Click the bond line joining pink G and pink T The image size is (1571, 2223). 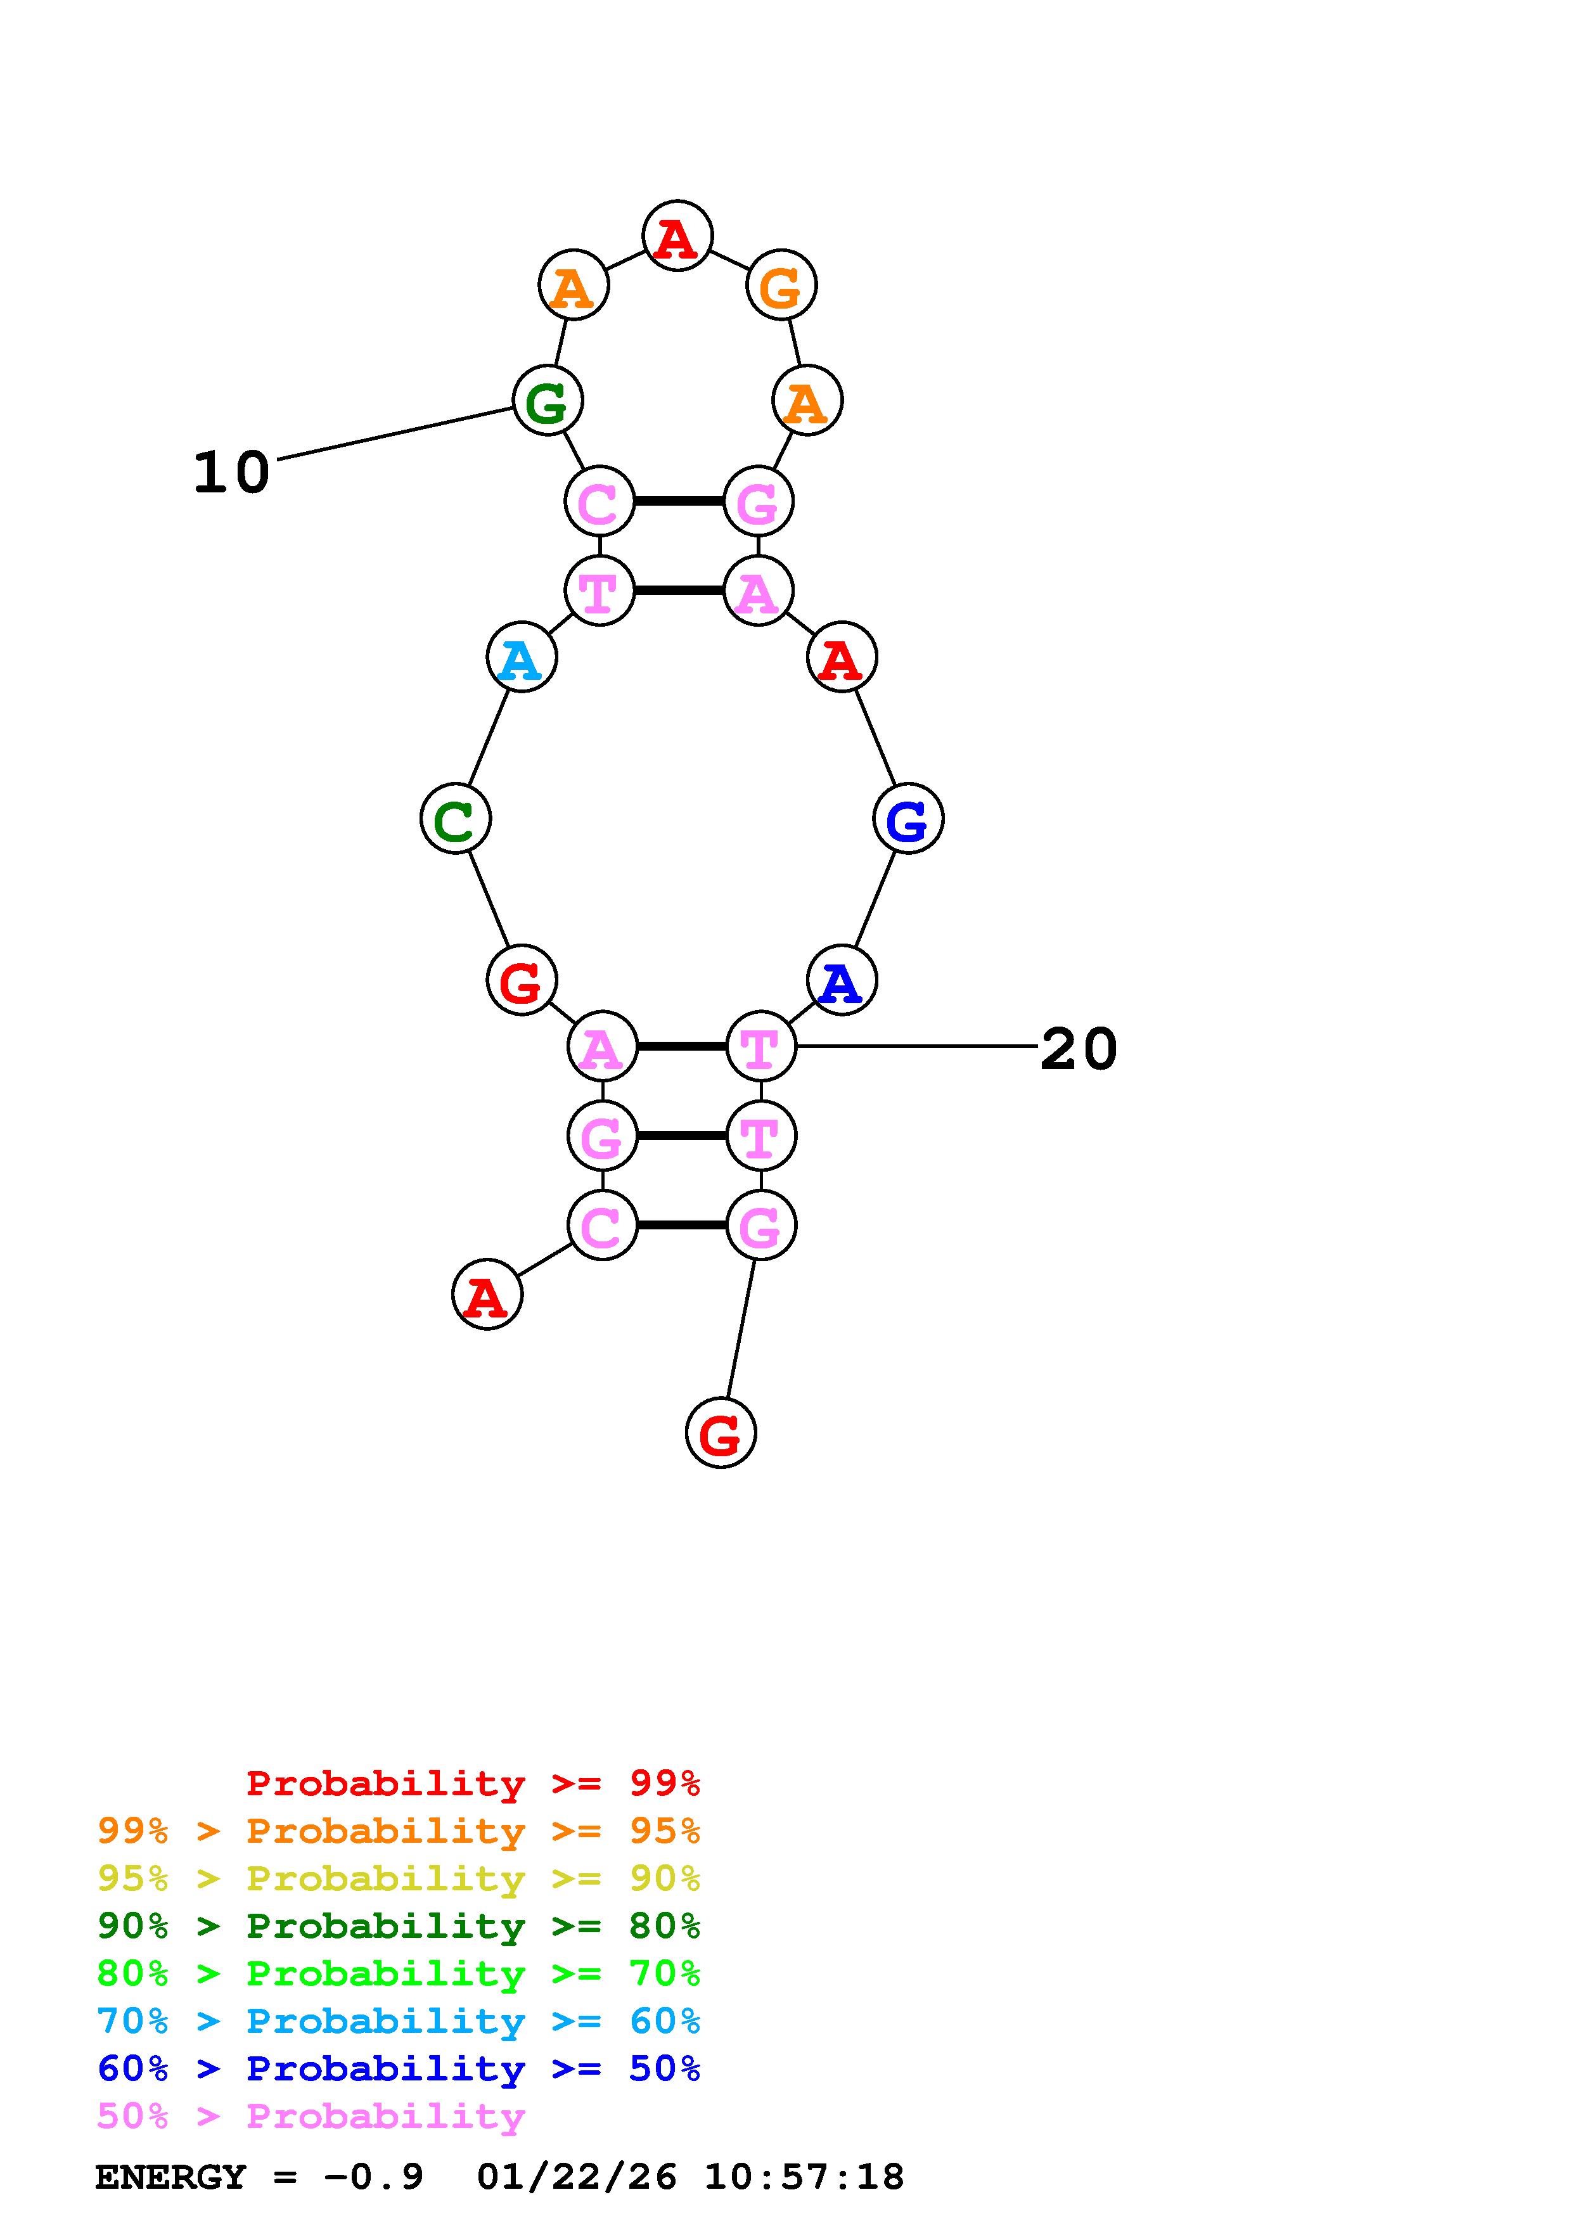point(681,1136)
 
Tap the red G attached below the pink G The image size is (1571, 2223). point(720,1433)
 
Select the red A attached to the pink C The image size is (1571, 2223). point(487,1295)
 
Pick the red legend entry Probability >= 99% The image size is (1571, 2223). point(472,1783)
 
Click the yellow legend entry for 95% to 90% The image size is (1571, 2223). point(399,1878)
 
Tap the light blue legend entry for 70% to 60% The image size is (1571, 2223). point(399,2021)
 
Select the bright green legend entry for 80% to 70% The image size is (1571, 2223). point(399,1973)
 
